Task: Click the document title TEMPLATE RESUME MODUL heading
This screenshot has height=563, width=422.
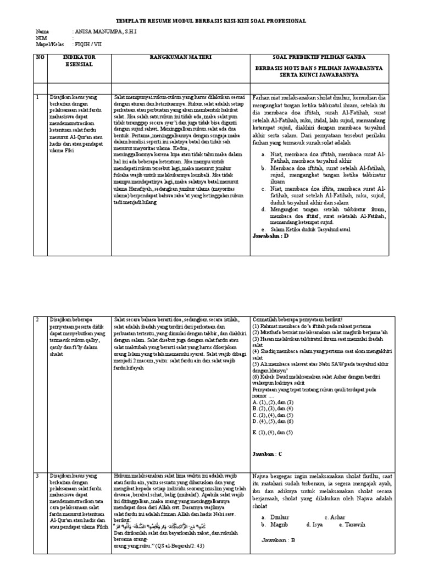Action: tap(211, 21)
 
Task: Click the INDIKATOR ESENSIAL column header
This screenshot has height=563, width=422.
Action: tap(79, 60)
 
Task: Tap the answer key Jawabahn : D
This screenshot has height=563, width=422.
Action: tap(270, 236)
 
